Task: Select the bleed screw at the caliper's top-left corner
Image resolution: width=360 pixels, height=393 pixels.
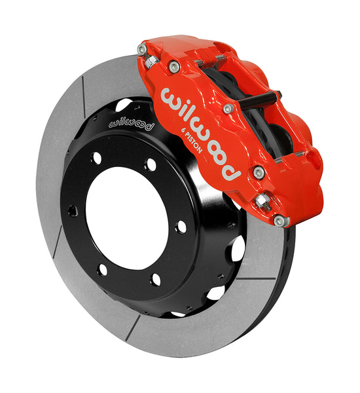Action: tap(142, 50)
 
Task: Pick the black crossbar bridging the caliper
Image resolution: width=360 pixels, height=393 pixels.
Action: tap(262, 98)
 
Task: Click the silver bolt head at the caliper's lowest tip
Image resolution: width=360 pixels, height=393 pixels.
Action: tap(282, 221)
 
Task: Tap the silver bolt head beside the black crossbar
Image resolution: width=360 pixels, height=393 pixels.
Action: tap(228, 109)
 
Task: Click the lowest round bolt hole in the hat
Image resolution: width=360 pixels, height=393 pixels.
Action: tap(155, 280)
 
